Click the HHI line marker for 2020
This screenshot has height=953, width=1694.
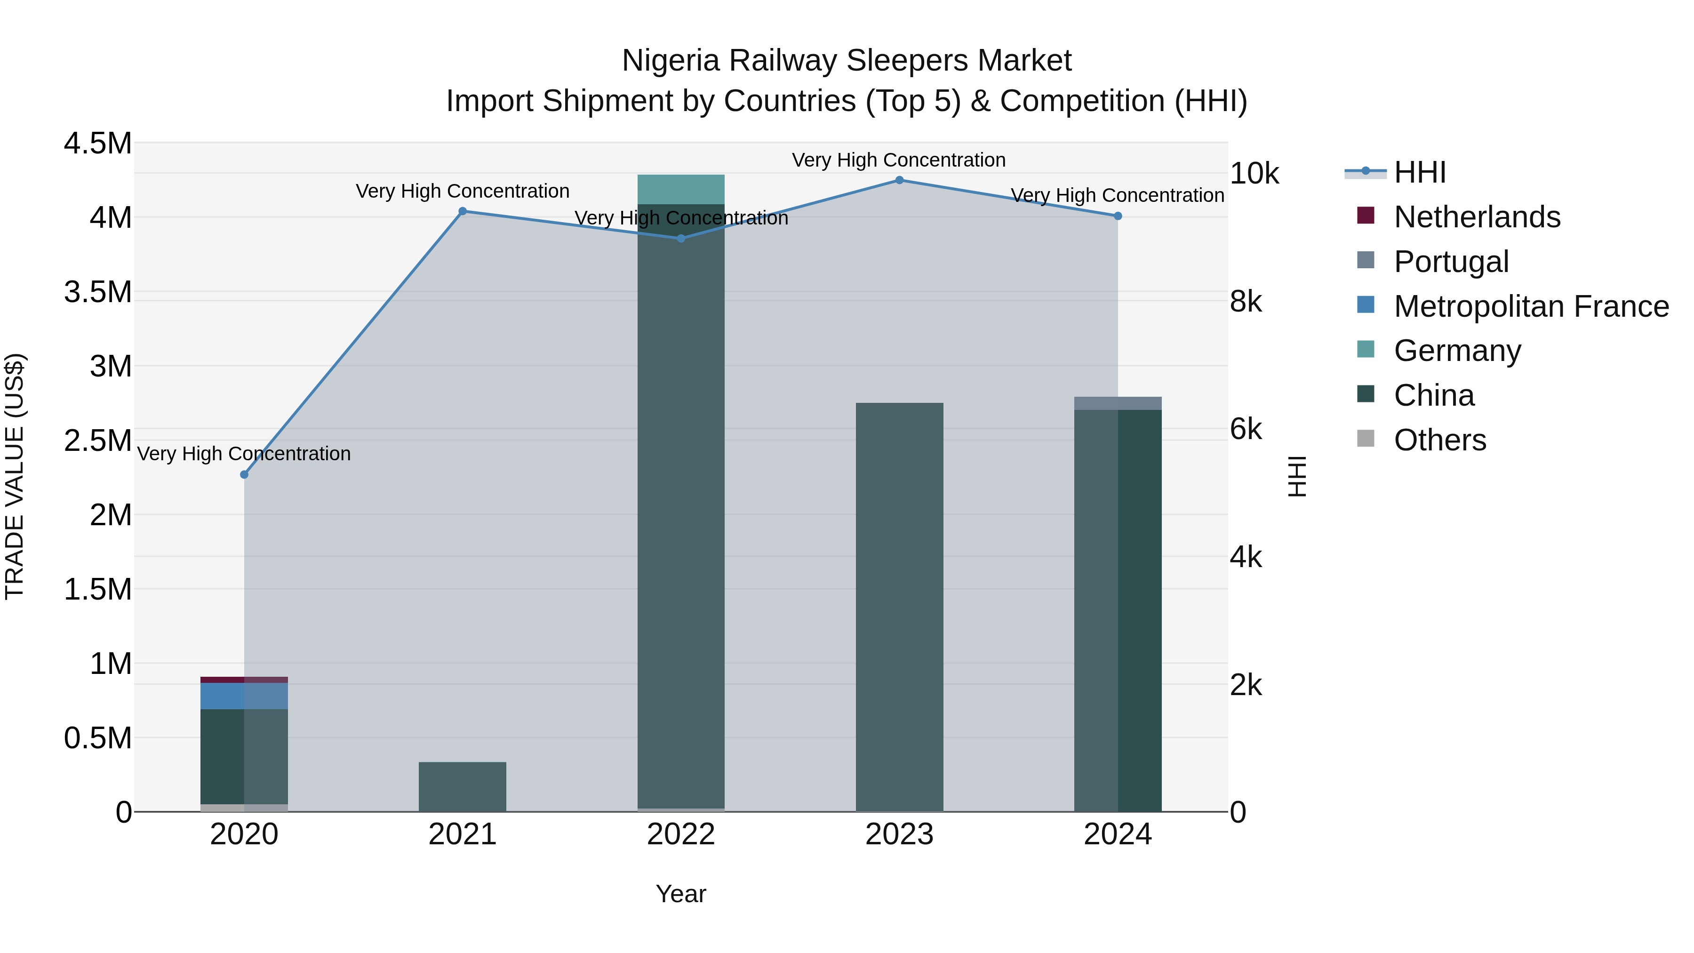pos(244,474)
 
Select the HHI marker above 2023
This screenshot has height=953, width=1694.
pos(899,180)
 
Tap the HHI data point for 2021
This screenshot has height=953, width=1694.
pos(462,211)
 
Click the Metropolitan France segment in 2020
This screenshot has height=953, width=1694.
pos(244,696)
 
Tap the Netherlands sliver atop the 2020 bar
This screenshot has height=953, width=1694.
pos(244,680)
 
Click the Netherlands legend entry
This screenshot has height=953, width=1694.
pos(1476,217)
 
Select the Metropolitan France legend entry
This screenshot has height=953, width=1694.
pos(1531,306)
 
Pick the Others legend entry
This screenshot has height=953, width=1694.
pos(1439,440)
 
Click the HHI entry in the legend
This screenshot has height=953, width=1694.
pos(1419,172)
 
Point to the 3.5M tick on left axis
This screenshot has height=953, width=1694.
pos(98,292)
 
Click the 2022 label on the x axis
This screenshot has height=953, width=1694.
pos(680,834)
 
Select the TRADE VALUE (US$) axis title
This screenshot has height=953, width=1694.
pos(15,476)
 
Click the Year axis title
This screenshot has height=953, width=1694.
pos(680,894)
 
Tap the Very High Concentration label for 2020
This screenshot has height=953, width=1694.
pos(244,454)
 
